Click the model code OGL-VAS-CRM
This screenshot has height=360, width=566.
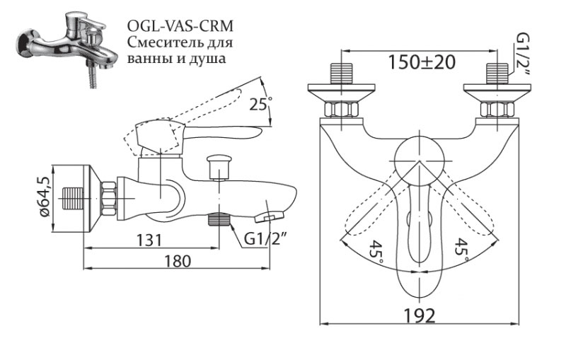180,26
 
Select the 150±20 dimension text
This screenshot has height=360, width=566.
421,62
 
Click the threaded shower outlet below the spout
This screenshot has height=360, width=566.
220,219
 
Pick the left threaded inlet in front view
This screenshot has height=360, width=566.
342,76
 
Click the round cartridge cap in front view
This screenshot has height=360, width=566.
418,156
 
